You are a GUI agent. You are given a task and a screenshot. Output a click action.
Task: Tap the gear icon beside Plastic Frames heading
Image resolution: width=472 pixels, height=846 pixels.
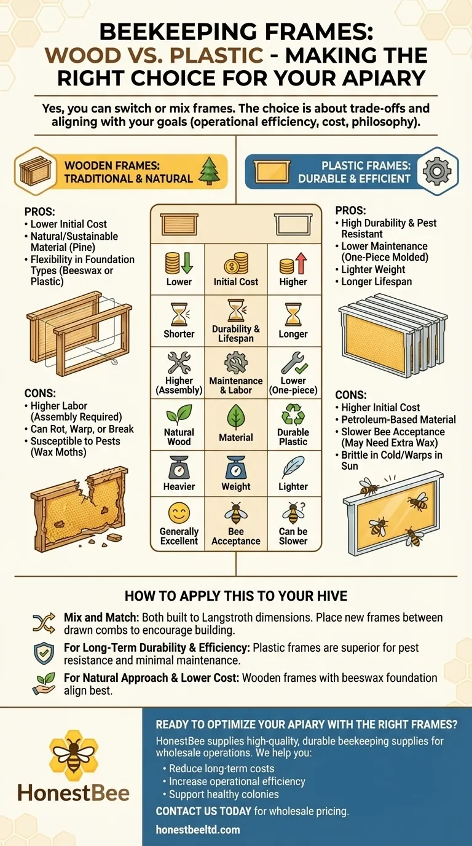(437, 171)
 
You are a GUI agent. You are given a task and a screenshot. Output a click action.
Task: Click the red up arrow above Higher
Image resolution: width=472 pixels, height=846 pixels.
(301, 263)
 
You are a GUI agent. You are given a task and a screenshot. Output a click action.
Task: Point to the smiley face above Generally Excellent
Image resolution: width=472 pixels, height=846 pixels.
(179, 513)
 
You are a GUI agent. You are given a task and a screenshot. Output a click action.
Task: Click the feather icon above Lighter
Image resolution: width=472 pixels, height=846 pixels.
(293, 467)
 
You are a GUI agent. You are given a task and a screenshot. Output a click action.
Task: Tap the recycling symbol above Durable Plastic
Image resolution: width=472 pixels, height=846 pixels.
(293, 414)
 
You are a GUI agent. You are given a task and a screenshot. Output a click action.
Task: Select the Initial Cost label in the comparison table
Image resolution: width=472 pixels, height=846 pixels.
(236, 282)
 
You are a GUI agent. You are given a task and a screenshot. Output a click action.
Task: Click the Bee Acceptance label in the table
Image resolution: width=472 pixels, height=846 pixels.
(236, 536)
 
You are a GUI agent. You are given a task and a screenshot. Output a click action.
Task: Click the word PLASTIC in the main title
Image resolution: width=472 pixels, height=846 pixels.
(216, 55)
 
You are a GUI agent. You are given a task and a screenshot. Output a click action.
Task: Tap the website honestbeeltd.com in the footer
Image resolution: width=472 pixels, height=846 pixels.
(198, 830)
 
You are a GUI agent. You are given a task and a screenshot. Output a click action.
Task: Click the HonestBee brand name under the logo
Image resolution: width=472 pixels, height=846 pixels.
(74, 793)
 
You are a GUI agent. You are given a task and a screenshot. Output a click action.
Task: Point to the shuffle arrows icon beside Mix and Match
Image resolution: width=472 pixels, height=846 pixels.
(44, 623)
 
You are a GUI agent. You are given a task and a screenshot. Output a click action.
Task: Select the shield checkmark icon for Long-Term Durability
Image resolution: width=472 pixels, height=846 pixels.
(44, 654)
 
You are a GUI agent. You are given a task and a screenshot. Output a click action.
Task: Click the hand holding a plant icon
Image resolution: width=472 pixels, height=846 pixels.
(44, 684)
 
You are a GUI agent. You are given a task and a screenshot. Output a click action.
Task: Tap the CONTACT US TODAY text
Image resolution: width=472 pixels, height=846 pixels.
(203, 811)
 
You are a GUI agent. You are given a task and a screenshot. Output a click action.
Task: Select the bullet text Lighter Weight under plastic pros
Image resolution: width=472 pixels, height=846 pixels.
(373, 269)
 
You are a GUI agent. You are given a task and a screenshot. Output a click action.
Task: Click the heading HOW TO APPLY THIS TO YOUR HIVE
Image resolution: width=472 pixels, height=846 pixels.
(236, 596)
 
